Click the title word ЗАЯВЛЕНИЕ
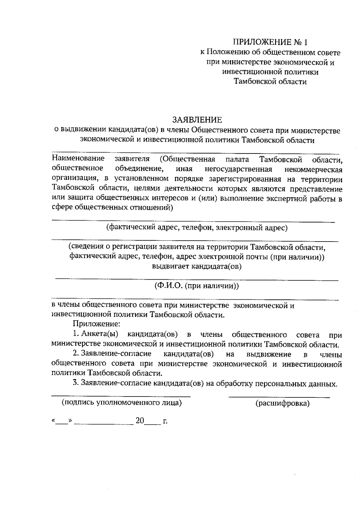pyautogui.click(x=197, y=120)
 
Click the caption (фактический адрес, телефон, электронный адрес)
pyautogui.click(x=197, y=228)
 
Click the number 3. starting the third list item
pyautogui.click(x=75, y=383)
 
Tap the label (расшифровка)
pyautogui.click(x=282, y=403)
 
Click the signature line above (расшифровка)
pyautogui.click(x=279, y=397)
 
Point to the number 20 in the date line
pyautogui.click(x=140, y=421)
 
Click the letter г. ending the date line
pyautogui.click(x=165, y=421)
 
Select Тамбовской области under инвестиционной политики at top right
pyautogui.click(x=270, y=82)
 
